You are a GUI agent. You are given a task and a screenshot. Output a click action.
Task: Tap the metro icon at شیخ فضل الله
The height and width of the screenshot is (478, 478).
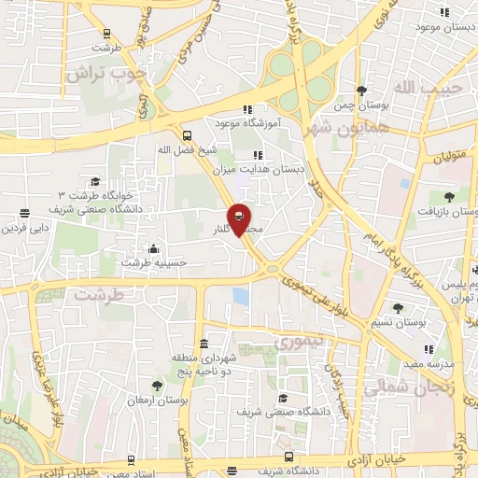coord(187,134)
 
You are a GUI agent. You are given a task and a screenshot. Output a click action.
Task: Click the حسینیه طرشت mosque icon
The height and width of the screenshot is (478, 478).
coord(154,249)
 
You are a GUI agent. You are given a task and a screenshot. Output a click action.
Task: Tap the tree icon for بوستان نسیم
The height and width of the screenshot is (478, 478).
coord(398,308)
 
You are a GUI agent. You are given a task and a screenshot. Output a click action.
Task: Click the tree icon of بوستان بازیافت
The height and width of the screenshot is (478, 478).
coord(449,195)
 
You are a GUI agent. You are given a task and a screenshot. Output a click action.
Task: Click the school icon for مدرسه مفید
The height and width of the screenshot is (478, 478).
coord(429,349)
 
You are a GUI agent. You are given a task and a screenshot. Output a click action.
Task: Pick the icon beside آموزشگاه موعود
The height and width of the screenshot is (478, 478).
coord(247,109)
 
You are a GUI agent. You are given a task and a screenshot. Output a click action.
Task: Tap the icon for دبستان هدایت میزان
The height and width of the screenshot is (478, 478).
coord(258,155)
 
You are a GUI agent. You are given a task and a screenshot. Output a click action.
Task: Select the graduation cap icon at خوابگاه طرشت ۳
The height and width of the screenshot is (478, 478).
coord(94,182)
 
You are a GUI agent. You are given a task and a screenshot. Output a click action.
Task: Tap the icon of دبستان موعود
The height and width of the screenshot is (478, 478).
coord(444,12)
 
